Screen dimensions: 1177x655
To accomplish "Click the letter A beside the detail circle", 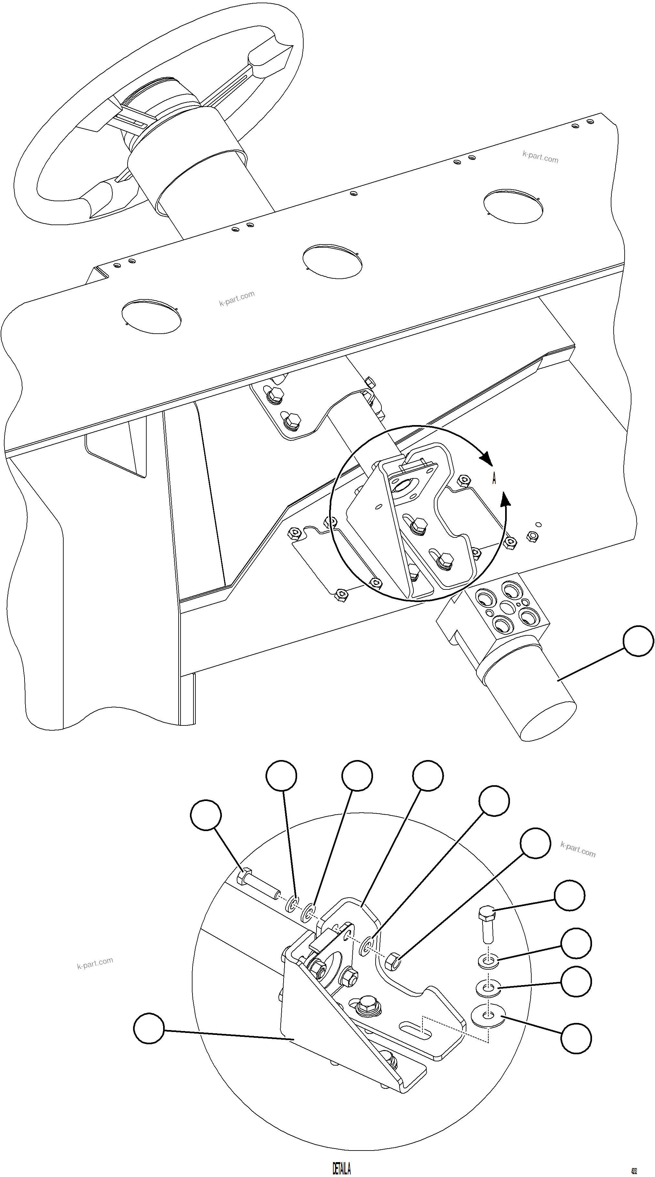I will pos(494,479).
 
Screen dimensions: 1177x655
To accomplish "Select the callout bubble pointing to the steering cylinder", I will pos(639,641).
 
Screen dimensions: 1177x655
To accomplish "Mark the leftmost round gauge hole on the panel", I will pos(151,316).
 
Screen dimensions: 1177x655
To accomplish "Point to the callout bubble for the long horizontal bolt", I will pos(206,815).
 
